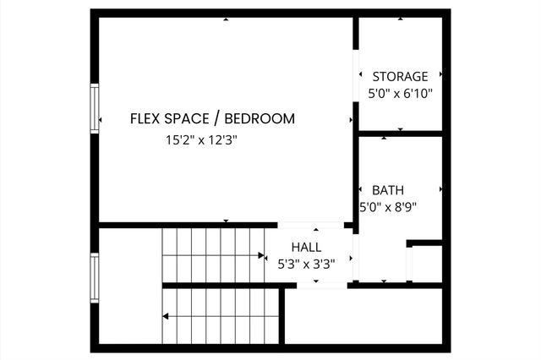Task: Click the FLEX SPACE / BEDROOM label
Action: pyautogui.click(x=212, y=118)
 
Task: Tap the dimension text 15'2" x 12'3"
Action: pyautogui.click(x=201, y=141)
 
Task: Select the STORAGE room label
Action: pyautogui.click(x=400, y=76)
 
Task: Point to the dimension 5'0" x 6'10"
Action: pyautogui.click(x=400, y=94)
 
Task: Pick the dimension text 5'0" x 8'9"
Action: pyautogui.click(x=389, y=206)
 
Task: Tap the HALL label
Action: pyautogui.click(x=306, y=247)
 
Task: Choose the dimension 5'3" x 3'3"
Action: pyautogui.click(x=306, y=263)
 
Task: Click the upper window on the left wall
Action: pyautogui.click(x=95, y=107)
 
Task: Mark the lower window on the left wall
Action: pyautogui.click(x=95, y=280)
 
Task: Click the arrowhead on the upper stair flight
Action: pyautogui.click(x=261, y=254)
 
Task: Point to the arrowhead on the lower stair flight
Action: pyautogui.click(x=167, y=317)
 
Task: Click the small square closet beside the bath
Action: pyautogui.click(x=426, y=264)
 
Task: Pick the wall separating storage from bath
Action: pyautogui.click(x=400, y=133)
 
